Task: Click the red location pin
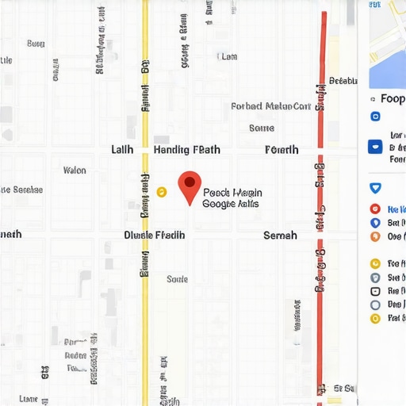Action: pyautogui.click(x=189, y=186)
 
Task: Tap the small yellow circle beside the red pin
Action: pyautogui.click(x=162, y=191)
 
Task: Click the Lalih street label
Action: pyautogui.click(x=122, y=149)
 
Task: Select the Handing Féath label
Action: pyautogui.click(x=186, y=149)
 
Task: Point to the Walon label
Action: pyautogui.click(x=75, y=170)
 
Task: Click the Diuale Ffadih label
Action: pyautogui.click(x=155, y=235)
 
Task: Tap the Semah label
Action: pyautogui.click(x=280, y=235)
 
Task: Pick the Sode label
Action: pyautogui.click(x=178, y=279)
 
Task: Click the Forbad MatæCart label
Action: pyautogui.click(x=270, y=106)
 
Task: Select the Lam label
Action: pyautogui.click(x=228, y=56)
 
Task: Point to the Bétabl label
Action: pyautogui.click(x=343, y=80)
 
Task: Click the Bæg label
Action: pyautogui.click(x=36, y=44)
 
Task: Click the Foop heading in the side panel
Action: pyautogui.click(x=393, y=99)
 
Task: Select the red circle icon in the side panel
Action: pyautogui.click(x=375, y=209)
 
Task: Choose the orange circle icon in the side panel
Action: pyautogui.click(x=375, y=236)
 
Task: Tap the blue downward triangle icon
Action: pyautogui.click(x=375, y=188)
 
